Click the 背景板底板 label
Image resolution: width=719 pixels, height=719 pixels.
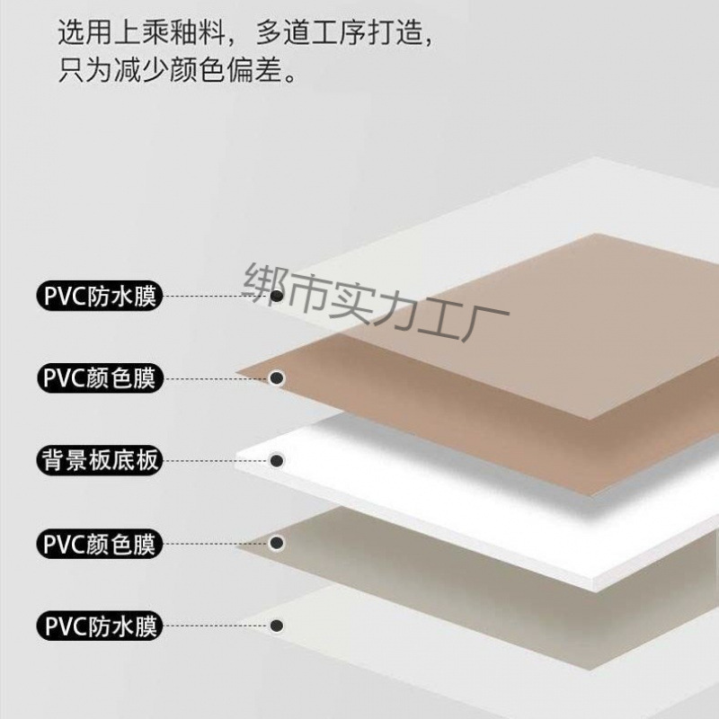tap(100, 461)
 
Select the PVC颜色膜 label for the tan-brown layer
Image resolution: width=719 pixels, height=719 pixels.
tap(100, 378)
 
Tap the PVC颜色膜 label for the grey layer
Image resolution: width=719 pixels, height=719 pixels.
tap(100, 544)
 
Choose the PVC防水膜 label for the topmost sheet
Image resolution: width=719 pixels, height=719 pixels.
tap(100, 296)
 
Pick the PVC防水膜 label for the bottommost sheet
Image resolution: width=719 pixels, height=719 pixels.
tap(100, 626)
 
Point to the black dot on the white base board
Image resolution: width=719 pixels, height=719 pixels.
tap(278, 461)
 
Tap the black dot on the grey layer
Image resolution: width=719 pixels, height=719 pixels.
tap(278, 544)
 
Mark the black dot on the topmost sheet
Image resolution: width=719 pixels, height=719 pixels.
tap(278, 296)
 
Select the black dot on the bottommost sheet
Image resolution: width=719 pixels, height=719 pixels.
tap(278, 626)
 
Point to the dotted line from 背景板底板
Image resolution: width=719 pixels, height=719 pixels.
tap(217, 461)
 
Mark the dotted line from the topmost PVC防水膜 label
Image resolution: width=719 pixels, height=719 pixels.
tap(217, 296)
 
